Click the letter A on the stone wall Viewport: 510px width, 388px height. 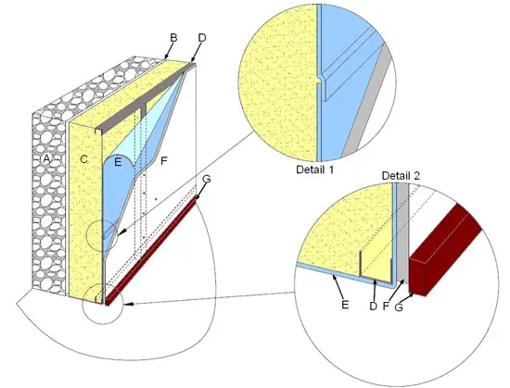point(47,158)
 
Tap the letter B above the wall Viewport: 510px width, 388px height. point(173,38)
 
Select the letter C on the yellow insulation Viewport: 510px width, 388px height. point(83,159)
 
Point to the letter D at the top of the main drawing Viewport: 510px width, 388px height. point(202,38)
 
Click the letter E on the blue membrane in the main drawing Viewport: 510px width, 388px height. point(118,162)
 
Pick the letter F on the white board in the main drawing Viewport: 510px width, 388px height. point(164,160)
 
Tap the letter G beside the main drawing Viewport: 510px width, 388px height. point(206,179)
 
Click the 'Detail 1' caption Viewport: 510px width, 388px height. point(315,169)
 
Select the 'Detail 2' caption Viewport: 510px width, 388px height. point(401,176)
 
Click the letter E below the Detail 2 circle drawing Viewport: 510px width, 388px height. point(345,305)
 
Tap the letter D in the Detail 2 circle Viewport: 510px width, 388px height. point(373,306)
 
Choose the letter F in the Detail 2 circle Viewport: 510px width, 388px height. point(386,306)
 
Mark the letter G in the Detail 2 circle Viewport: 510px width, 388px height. point(399,307)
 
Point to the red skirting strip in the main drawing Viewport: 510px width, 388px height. point(150,251)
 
